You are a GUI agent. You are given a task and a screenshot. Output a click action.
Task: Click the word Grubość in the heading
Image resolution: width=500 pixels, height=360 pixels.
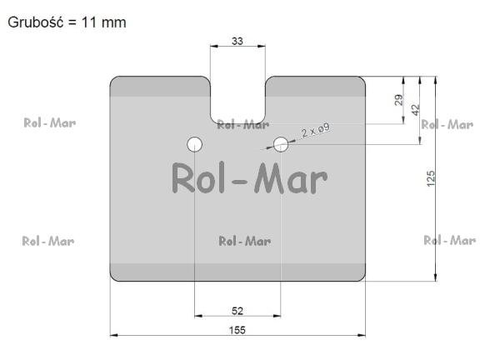coord(35,22)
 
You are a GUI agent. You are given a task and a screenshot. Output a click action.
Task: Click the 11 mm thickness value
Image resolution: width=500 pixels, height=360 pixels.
coord(104,22)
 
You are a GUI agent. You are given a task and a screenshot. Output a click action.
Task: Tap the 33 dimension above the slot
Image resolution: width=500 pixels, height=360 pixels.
coord(237,41)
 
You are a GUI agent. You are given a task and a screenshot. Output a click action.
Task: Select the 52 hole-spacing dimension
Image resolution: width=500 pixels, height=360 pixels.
coord(237,311)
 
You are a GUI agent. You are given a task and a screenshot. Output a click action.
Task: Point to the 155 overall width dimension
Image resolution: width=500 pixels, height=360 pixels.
coord(237,330)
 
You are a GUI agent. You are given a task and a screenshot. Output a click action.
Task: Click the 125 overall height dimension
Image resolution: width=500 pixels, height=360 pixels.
coord(431,178)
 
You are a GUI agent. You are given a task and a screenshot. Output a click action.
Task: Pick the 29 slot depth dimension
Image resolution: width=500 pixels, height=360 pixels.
coord(398,100)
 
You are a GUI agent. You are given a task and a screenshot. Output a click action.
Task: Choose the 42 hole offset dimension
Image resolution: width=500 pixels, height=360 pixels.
coord(415,110)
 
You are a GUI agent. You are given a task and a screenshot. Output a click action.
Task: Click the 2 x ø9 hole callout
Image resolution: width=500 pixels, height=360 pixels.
coord(315,130)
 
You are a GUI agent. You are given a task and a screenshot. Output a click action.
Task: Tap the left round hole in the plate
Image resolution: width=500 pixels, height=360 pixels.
coord(194,144)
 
